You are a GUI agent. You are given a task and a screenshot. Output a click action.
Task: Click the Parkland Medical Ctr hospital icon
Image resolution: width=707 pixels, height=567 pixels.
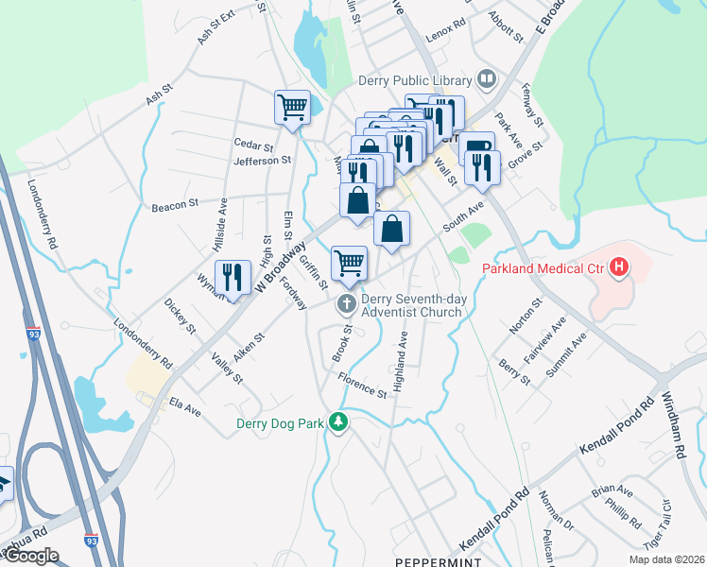tap(619, 268)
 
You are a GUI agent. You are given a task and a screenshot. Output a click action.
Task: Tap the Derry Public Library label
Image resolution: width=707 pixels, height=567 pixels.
tap(415, 80)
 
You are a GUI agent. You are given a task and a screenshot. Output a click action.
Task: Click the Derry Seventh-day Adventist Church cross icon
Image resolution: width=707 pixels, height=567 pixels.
tap(347, 302)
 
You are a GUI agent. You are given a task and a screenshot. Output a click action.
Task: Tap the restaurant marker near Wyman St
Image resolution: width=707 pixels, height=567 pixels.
tap(231, 277)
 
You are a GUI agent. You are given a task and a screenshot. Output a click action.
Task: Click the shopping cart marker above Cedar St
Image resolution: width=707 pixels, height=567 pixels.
tap(292, 107)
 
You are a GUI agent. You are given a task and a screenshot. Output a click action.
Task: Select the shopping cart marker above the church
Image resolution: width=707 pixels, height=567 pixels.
tap(349, 263)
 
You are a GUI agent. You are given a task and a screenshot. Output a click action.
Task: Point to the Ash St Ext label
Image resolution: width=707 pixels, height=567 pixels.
tap(216, 29)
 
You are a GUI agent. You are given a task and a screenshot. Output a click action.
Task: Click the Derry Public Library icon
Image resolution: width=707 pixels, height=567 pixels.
tap(488, 78)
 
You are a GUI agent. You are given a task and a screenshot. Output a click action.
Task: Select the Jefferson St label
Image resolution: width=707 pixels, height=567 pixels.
tap(262, 161)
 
